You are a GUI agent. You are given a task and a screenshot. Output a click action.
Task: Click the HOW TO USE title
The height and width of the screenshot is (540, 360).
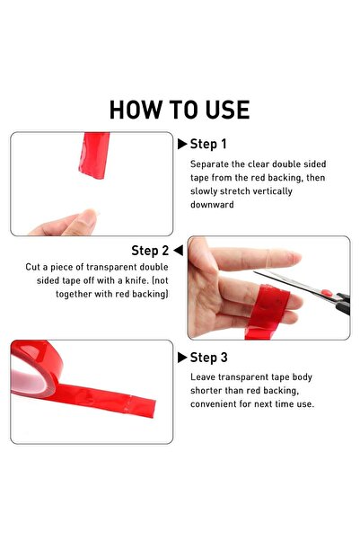(x=180, y=110)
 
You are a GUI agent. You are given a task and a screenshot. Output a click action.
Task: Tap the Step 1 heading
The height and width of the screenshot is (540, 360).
(x=208, y=144)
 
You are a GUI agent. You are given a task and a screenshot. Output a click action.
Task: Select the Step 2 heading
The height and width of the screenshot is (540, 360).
(x=150, y=251)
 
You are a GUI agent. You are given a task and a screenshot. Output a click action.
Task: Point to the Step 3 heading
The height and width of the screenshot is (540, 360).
(x=208, y=358)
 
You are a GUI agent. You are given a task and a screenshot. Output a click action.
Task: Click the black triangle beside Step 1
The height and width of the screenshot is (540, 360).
(x=182, y=144)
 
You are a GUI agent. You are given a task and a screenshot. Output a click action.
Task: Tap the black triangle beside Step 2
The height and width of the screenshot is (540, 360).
(x=179, y=250)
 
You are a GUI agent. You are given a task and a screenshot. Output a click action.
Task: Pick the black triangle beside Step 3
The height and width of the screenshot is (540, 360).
(x=182, y=358)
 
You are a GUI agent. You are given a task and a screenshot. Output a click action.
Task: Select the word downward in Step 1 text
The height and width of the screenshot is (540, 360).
(x=212, y=205)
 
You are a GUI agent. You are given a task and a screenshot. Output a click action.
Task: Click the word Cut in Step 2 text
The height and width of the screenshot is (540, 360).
(x=32, y=267)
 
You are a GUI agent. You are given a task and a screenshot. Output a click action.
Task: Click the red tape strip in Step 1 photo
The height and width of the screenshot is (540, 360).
(x=93, y=155)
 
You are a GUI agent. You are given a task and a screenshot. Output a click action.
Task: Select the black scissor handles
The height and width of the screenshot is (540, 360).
(x=343, y=304)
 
